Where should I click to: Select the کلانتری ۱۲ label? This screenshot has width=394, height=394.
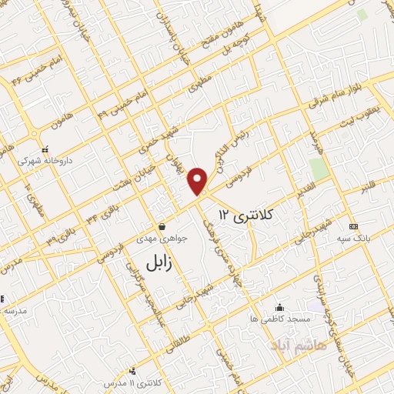click(x=246, y=212)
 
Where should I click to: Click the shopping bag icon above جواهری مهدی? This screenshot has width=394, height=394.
click(x=163, y=226)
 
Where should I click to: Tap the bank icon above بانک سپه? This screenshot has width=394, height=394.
click(x=353, y=226)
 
